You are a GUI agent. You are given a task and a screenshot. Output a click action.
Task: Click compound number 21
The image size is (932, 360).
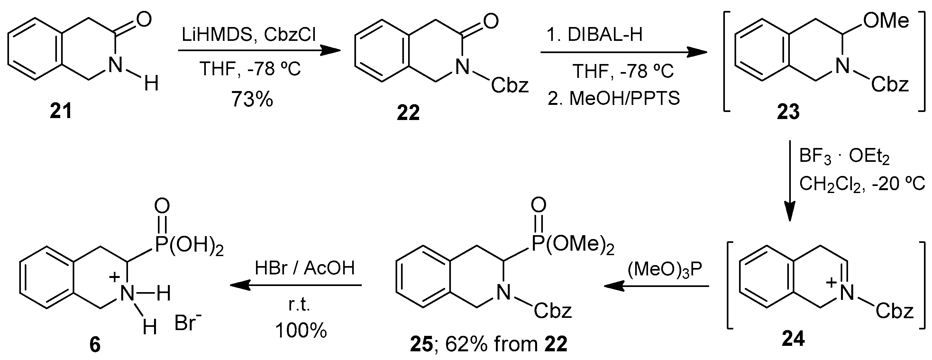click(x=61, y=111)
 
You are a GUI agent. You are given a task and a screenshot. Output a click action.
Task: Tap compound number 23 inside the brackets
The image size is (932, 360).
click(x=788, y=112)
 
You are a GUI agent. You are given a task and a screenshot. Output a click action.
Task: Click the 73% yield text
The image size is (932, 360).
click(x=252, y=99)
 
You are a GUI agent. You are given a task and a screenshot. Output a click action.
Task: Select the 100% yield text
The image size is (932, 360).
click(x=301, y=330)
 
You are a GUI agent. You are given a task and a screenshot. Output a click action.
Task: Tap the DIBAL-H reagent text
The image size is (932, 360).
click(x=605, y=35)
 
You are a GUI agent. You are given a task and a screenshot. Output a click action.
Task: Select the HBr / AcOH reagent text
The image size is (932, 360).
click(x=305, y=268)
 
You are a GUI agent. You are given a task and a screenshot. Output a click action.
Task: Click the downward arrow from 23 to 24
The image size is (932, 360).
click(x=790, y=181)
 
